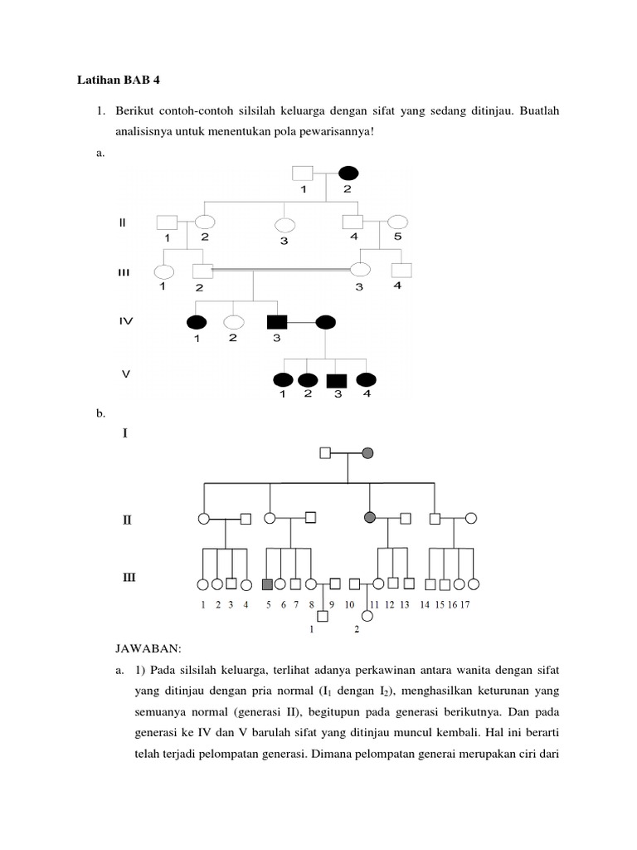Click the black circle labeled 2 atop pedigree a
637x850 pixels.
[x=348, y=173]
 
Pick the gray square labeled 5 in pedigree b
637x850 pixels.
[x=268, y=584]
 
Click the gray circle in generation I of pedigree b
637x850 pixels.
[x=368, y=452]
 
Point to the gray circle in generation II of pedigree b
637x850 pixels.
[x=370, y=517]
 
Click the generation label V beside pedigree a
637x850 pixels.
[x=126, y=374]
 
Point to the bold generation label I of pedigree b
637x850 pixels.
[x=125, y=432]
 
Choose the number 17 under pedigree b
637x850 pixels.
[x=464, y=604]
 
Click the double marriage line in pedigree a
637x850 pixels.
[x=282, y=270]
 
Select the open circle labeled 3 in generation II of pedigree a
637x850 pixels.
[x=285, y=224]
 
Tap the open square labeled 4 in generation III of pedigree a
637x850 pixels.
[x=401, y=271]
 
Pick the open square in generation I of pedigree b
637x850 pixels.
[x=325, y=452]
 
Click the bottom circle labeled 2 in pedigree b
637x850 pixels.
[x=367, y=616]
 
